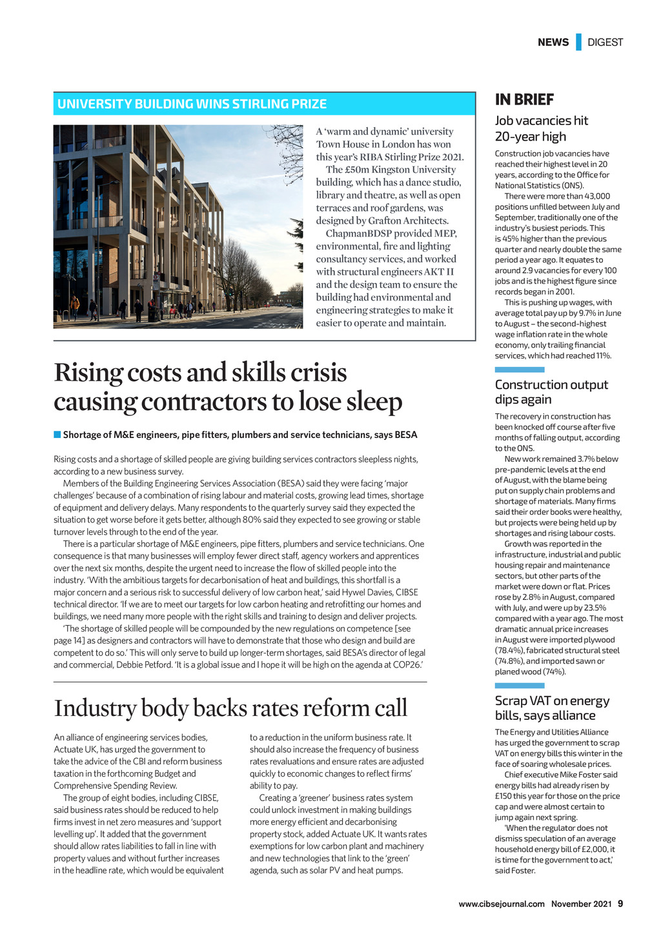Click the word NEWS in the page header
pyautogui.click(x=553, y=43)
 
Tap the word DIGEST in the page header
pyautogui.click(x=605, y=43)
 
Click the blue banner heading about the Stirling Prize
pyautogui.click(x=192, y=104)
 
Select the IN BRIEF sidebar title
pyautogui.click(x=524, y=99)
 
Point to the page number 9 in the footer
pyautogui.click(x=620, y=904)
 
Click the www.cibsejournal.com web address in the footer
pyautogui.click(x=502, y=904)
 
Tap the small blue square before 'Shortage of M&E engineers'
pyautogui.click(x=57, y=435)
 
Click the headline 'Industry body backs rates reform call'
pyautogui.click(x=230, y=708)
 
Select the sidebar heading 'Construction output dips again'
pyautogui.click(x=551, y=392)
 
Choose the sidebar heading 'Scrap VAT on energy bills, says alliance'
pyautogui.click(x=552, y=708)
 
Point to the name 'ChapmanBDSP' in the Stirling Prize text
pyautogui.click(x=358, y=234)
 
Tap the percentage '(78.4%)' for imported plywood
pyautogui.click(x=508, y=650)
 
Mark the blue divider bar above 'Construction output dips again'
pyautogui.click(x=520, y=370)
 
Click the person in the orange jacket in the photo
pyautogui.click(x=76, y=304)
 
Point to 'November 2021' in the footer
pyautogui.click(x=581, y=904)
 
